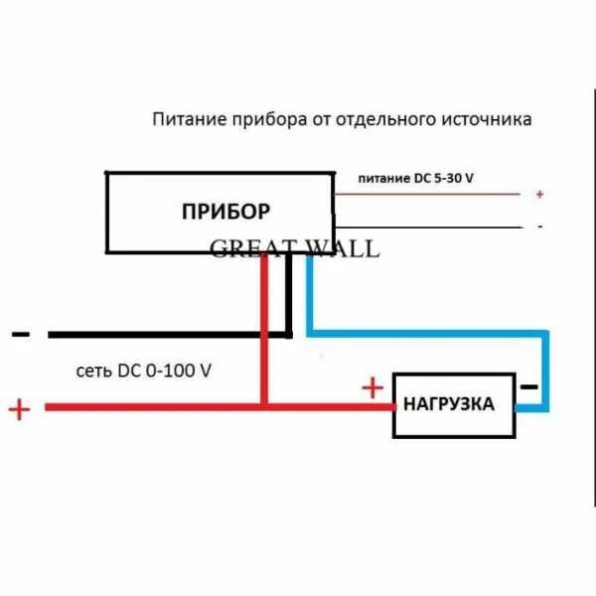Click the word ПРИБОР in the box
225,211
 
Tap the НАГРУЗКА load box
453,404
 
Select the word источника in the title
488,119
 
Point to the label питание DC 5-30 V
415,179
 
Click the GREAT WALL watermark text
294,248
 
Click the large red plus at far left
19,408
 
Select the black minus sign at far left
19,334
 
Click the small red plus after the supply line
539,195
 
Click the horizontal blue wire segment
427,331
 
